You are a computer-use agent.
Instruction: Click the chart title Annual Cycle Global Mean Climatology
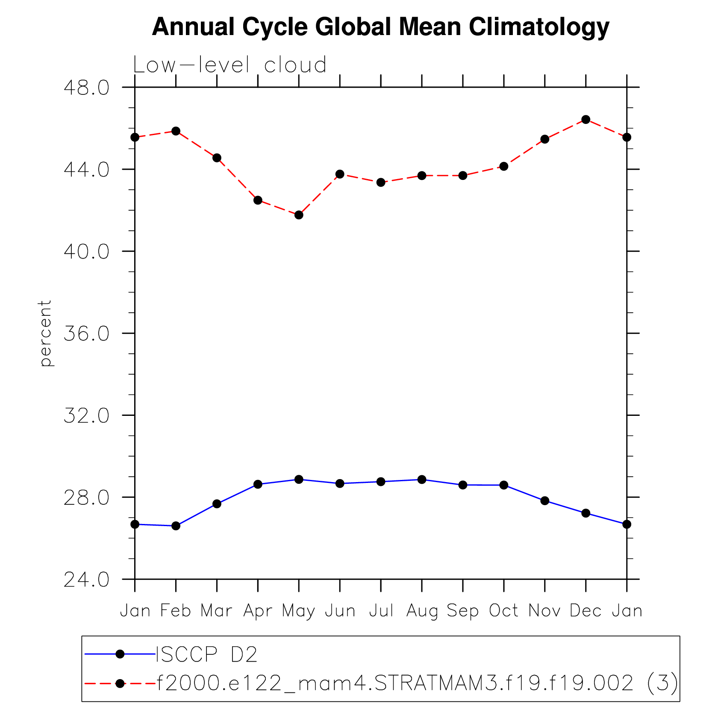pyautogui.click(x=380, y=27)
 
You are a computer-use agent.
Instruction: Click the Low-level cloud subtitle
pyautogui.click(x=230, y=65)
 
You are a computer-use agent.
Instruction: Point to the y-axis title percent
pyautogui.click(x=45, y=333)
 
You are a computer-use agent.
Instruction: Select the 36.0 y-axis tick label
pyautogui.click(x=86, y=333)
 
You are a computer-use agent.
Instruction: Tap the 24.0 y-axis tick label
pyautogui.click(x=86, y=580)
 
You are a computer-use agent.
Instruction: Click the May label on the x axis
pyautogui.click(x=298, y=611)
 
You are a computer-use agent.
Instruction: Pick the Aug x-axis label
pyautogui.click(x=422, y=611)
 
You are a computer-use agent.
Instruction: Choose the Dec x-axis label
pyautogui.click(x=586, y=611)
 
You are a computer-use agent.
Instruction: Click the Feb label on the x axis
pyautogui.click(x=176, y=611)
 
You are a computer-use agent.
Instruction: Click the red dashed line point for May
pyautogui.click(x=299, y=215)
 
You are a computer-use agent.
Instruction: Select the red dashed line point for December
pyautogui.click(x=586, y=119)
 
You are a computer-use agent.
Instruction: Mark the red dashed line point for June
pyautogui.click(x=340, y=174)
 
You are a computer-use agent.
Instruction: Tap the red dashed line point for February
pyautogui.click(x=176, y=131)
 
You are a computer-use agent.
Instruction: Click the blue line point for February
pyautogui.click(x=176, y=526)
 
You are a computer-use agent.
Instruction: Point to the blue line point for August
pyautogui.click(x=422, y=480)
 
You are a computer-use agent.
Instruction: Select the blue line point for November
pyautogui.click(x=544, y=500)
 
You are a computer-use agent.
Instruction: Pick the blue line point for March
pyautogui.click(x=217, y=504)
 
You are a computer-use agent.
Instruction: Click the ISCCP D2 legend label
pyautogui.click(x=207, y=654)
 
